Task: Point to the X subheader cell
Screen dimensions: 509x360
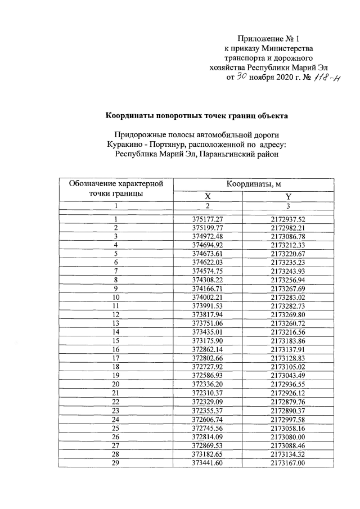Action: click(208, 196)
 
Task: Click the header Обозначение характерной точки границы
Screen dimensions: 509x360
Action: click(116, 188)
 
